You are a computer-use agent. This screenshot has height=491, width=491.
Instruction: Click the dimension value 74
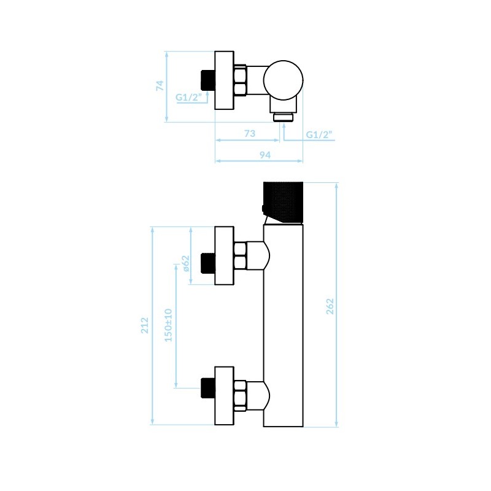[160, 85]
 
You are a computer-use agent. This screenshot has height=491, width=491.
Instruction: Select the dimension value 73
[250, 133]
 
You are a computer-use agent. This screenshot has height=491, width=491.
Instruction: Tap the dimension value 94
[265, 155]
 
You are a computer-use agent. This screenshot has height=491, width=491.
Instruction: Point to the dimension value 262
[330, 306]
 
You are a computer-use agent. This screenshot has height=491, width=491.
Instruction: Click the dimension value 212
[144, 325]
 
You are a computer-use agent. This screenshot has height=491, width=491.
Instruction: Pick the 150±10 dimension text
[168, 325]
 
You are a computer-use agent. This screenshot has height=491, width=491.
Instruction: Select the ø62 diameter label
[186, 263]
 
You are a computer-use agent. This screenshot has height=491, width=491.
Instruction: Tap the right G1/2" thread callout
[319, 134]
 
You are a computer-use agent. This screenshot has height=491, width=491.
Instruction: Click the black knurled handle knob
[283, 202]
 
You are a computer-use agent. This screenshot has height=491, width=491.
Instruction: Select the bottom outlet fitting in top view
[284, 117]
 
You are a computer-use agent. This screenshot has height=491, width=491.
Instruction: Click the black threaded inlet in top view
[207, 80]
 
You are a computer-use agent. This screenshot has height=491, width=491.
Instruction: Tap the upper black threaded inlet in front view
[207, 263]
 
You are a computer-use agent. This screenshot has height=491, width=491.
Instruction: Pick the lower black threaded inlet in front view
[207, 388]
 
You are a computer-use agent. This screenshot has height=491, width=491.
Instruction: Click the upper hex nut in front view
[240, 256]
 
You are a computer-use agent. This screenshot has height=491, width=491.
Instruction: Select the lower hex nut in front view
[240, 396]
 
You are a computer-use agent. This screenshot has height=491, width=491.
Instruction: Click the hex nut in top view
[240, 80]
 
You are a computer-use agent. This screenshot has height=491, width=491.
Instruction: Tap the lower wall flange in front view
[224, 396]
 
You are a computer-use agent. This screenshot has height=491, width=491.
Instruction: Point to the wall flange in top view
[224, 80]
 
